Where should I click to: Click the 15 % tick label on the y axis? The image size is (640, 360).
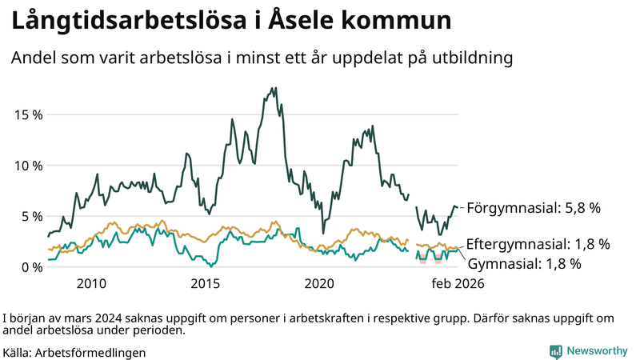[x=28, y=114]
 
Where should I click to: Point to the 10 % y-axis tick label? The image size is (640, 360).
[x=28, y=166]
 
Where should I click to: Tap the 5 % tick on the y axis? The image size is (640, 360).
[x=32, y=216]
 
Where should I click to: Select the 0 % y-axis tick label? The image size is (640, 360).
[x=32, y=267]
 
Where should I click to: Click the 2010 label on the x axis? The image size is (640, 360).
[x=91, y=283]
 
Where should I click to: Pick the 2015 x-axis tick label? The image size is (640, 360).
[x=206, y=283]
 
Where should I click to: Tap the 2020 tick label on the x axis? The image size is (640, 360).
[x=320, y=283]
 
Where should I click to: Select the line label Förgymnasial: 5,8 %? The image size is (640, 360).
[x=533, y=208]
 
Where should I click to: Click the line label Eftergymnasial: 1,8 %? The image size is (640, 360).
[x=538, y=243]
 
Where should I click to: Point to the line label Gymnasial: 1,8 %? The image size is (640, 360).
[x=523, y=262]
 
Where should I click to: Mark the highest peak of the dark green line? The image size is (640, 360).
[x=275, y=88]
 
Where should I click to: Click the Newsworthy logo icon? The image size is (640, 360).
[x=555, y=351]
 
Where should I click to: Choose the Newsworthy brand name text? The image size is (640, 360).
[x=597, y=351]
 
